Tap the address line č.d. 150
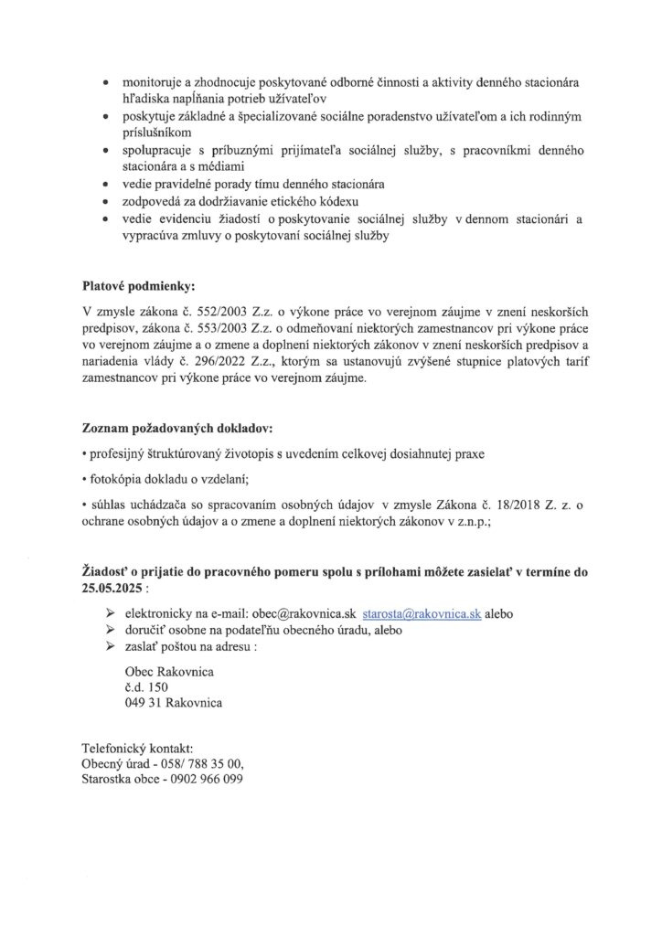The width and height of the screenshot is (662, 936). pyautogui.click(x=147, y=687)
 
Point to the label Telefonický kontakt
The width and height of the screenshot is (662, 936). pyautogui.click(x=138, y=747)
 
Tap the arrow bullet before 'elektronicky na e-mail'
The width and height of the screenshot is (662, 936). pyautogui.click(x=111, y=614)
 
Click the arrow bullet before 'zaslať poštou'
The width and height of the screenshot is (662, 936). pyautogui.click(x=111, y=646)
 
